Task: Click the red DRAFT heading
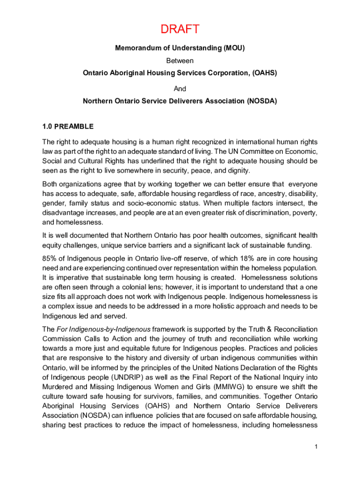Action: pos(180,29)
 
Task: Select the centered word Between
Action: pos(180,60)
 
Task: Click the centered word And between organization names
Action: pos(180,88)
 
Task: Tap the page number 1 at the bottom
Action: pos(316,447)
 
